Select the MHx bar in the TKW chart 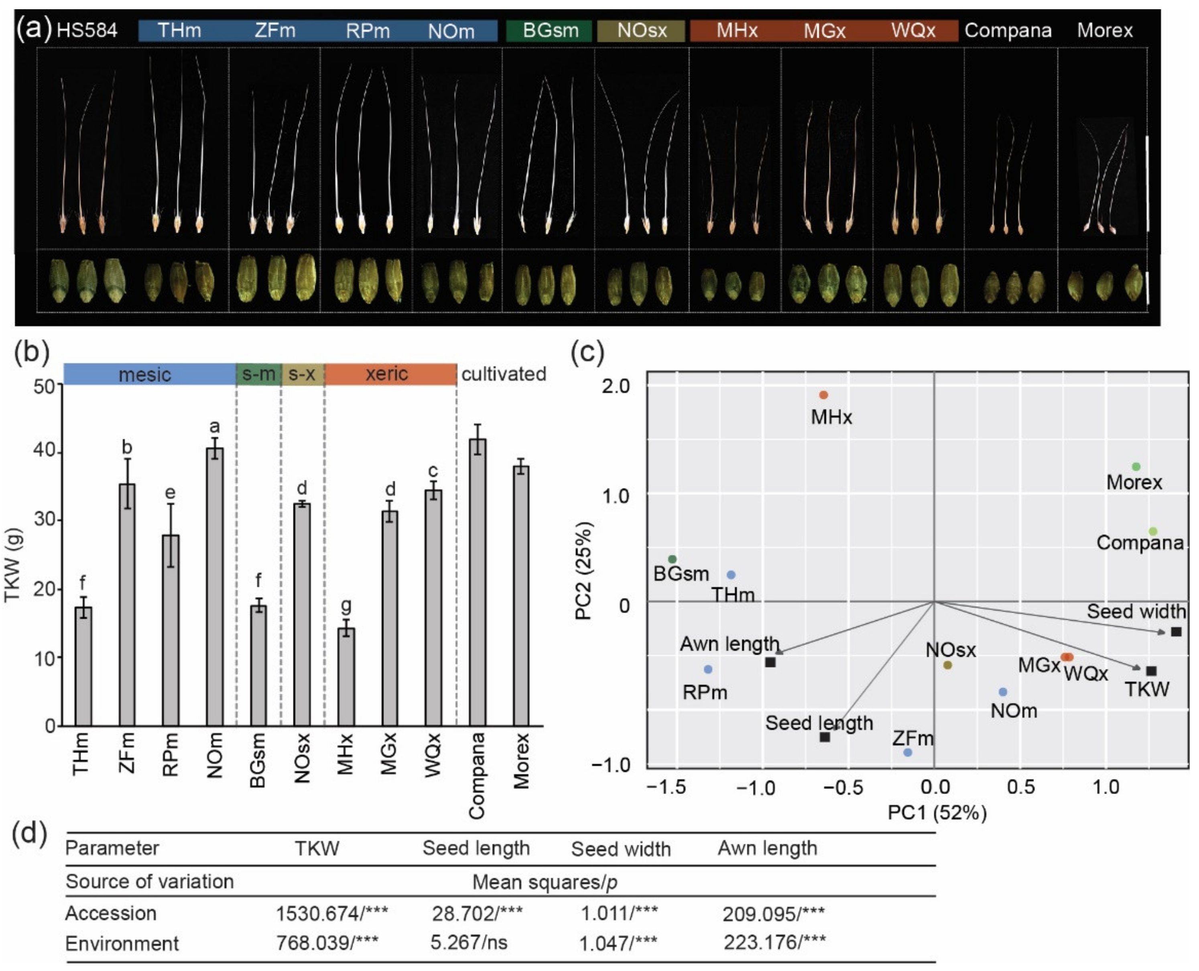click(346, 677)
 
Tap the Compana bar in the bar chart click(477, 582)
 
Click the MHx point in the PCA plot click(823, 395)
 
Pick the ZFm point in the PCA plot click(908, 752)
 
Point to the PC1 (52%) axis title click(937, 812)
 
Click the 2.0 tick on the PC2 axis click(615, 386)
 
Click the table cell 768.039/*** click(327, 943)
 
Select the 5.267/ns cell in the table click(469, 943)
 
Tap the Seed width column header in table click(621, 849)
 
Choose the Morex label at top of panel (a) click(1104, 30)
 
